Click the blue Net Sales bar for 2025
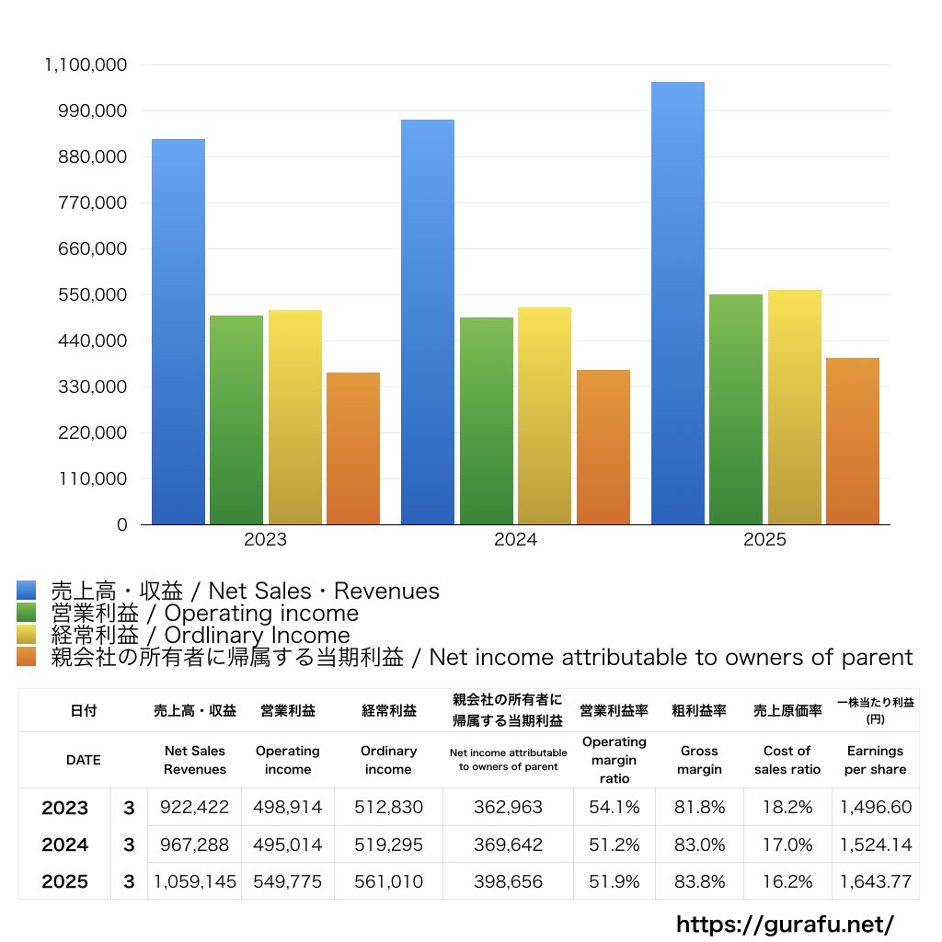(678, 304)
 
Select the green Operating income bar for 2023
(236, 419)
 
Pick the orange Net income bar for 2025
(853, 442)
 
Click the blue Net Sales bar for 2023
(178, 331)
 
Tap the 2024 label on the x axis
(515, 540)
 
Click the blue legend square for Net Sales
(26, 591)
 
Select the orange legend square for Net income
(26, 657)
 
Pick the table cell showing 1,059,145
(195, 881)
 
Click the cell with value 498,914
(287, 808)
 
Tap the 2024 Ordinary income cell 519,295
(388, 844)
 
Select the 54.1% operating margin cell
(615, 808)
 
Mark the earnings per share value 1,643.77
(875, 881)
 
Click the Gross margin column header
(699, 760)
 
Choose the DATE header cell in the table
(83, 760)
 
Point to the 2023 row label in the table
(64, 808)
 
